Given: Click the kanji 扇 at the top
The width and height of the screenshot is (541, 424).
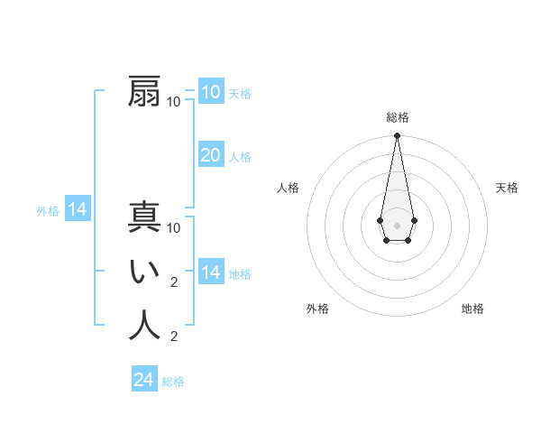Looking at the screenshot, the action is tap(144, 91).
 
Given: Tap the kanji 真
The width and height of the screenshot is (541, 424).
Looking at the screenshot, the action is tap(144, 218).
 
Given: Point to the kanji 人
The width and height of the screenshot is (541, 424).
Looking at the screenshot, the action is tap(144, 326).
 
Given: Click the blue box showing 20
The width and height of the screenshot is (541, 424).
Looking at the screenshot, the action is tap(211, 155).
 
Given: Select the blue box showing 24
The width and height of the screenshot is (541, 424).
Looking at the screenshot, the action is tap(144, 380).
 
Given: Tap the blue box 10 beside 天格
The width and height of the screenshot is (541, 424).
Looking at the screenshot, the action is tap(211, 92).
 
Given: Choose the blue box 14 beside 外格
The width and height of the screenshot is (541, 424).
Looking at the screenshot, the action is tap(78, 210).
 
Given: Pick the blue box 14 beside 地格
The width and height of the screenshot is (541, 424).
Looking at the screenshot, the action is tap(211, 272).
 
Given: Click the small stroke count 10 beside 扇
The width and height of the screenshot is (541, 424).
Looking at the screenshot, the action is tap(174, 101).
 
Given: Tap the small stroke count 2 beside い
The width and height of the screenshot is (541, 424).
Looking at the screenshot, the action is tap(174, 282).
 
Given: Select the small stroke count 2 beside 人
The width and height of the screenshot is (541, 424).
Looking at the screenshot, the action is tap(174, 336).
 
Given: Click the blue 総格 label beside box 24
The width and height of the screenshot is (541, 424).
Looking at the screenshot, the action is tap(173, 382).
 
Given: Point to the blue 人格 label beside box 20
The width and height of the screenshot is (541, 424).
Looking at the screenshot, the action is tap(240, 157).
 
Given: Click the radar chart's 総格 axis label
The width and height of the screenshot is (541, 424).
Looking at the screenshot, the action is tap(397, 117).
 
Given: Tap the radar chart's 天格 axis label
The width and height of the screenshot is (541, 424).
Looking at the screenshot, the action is tap(507, 188).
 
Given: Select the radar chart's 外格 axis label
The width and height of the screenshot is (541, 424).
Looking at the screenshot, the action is tap(317, 309).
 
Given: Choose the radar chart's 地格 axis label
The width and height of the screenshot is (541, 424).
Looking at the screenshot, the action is tap(472, 309).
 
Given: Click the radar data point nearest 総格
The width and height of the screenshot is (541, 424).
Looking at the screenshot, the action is tap(397, 135).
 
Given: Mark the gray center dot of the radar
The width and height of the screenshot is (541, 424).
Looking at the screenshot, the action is tap(397, 224).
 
